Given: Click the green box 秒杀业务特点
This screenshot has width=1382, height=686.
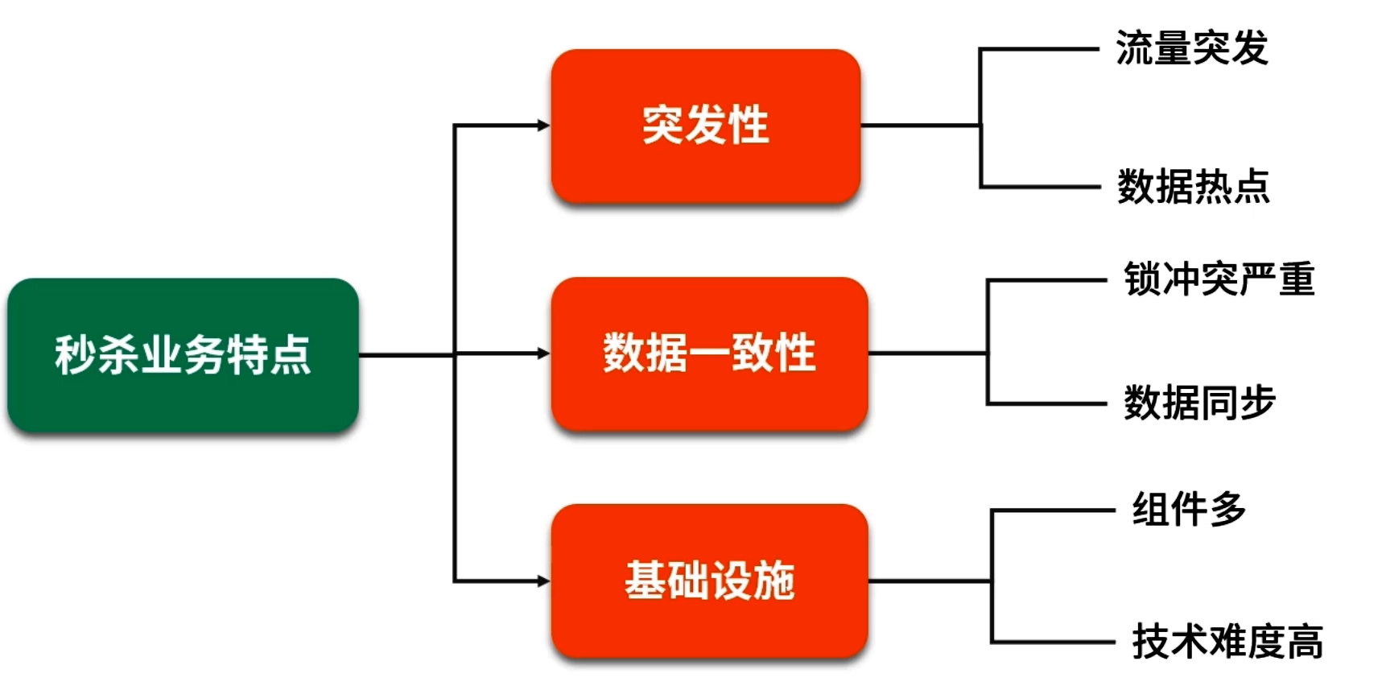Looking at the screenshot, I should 183,355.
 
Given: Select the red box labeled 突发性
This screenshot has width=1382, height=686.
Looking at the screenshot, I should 706,126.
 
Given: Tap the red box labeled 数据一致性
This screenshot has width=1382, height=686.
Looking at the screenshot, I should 709,353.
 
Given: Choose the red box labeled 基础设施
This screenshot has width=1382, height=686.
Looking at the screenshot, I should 709,581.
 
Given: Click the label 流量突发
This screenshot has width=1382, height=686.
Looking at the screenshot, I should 1191,48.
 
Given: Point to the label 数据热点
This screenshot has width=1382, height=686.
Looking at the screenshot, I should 1193,187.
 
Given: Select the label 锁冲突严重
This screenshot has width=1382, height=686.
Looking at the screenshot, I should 1219,279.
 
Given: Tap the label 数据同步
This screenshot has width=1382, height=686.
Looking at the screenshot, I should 1199,403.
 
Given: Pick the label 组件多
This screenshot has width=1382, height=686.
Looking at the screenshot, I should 1189,509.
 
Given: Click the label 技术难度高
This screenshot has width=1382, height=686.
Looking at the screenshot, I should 1227,643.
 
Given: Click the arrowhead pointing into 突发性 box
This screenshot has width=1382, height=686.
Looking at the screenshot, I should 543,126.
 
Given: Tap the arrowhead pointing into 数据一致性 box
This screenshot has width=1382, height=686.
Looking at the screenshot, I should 543,353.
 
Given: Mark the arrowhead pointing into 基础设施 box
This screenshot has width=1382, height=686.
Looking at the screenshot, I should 543,581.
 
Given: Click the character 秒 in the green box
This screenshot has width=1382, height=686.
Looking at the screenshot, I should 74,355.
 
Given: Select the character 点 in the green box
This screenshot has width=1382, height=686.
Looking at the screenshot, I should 291,355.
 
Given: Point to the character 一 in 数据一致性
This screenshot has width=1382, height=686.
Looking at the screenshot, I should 709,354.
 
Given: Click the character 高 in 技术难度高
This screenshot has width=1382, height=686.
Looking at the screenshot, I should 1305,643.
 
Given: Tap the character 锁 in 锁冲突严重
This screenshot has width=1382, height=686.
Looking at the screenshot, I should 1143,279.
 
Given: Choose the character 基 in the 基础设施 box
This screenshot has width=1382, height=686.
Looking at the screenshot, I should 644,581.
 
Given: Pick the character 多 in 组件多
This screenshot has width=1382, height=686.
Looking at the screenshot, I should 1227,509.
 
